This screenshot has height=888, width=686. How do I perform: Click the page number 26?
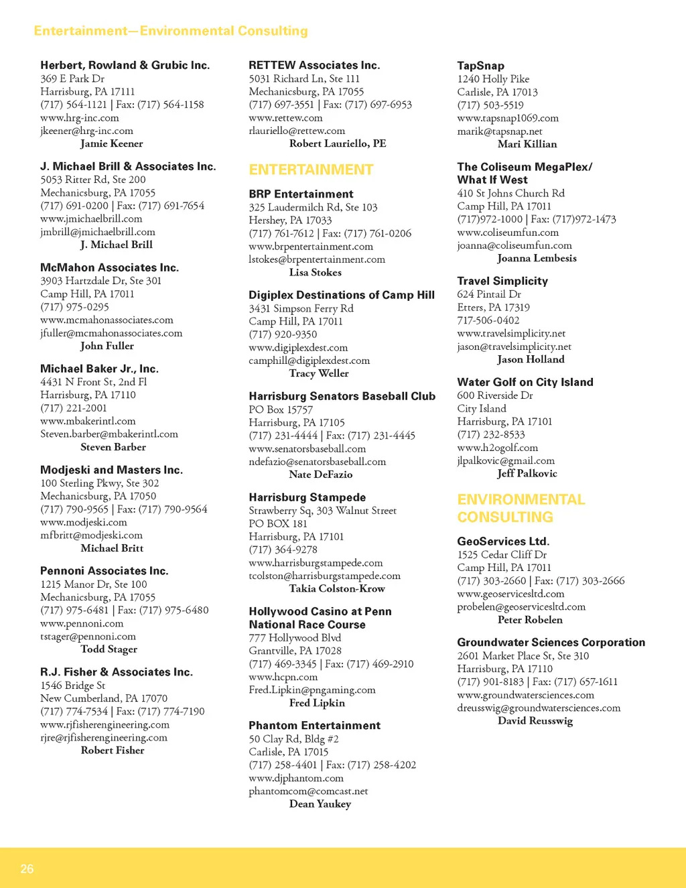27,869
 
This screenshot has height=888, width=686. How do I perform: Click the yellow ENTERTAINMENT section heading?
311,170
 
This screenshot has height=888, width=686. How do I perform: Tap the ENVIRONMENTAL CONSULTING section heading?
521,508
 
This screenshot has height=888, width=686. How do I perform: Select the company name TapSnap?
480,66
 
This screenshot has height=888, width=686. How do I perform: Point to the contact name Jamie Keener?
111,143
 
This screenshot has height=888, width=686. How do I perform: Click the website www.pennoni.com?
82,623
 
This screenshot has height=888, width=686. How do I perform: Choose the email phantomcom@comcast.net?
308,791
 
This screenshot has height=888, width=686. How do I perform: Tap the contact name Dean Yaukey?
320,804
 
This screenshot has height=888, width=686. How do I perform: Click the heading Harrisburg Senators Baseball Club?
342,396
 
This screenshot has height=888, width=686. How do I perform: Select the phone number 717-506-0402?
488,320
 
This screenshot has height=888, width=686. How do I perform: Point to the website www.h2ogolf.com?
497,448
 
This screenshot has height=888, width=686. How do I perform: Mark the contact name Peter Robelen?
530,620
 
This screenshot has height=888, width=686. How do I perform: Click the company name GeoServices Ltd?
503,541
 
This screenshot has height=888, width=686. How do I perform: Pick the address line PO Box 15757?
281,409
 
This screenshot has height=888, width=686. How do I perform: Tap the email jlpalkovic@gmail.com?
506,460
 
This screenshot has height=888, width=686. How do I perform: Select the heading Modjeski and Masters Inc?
111,470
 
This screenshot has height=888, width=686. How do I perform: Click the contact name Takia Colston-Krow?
337,588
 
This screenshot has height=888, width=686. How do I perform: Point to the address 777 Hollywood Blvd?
295,638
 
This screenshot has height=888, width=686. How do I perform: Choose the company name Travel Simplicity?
502,281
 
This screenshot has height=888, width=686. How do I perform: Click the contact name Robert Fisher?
113,750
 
